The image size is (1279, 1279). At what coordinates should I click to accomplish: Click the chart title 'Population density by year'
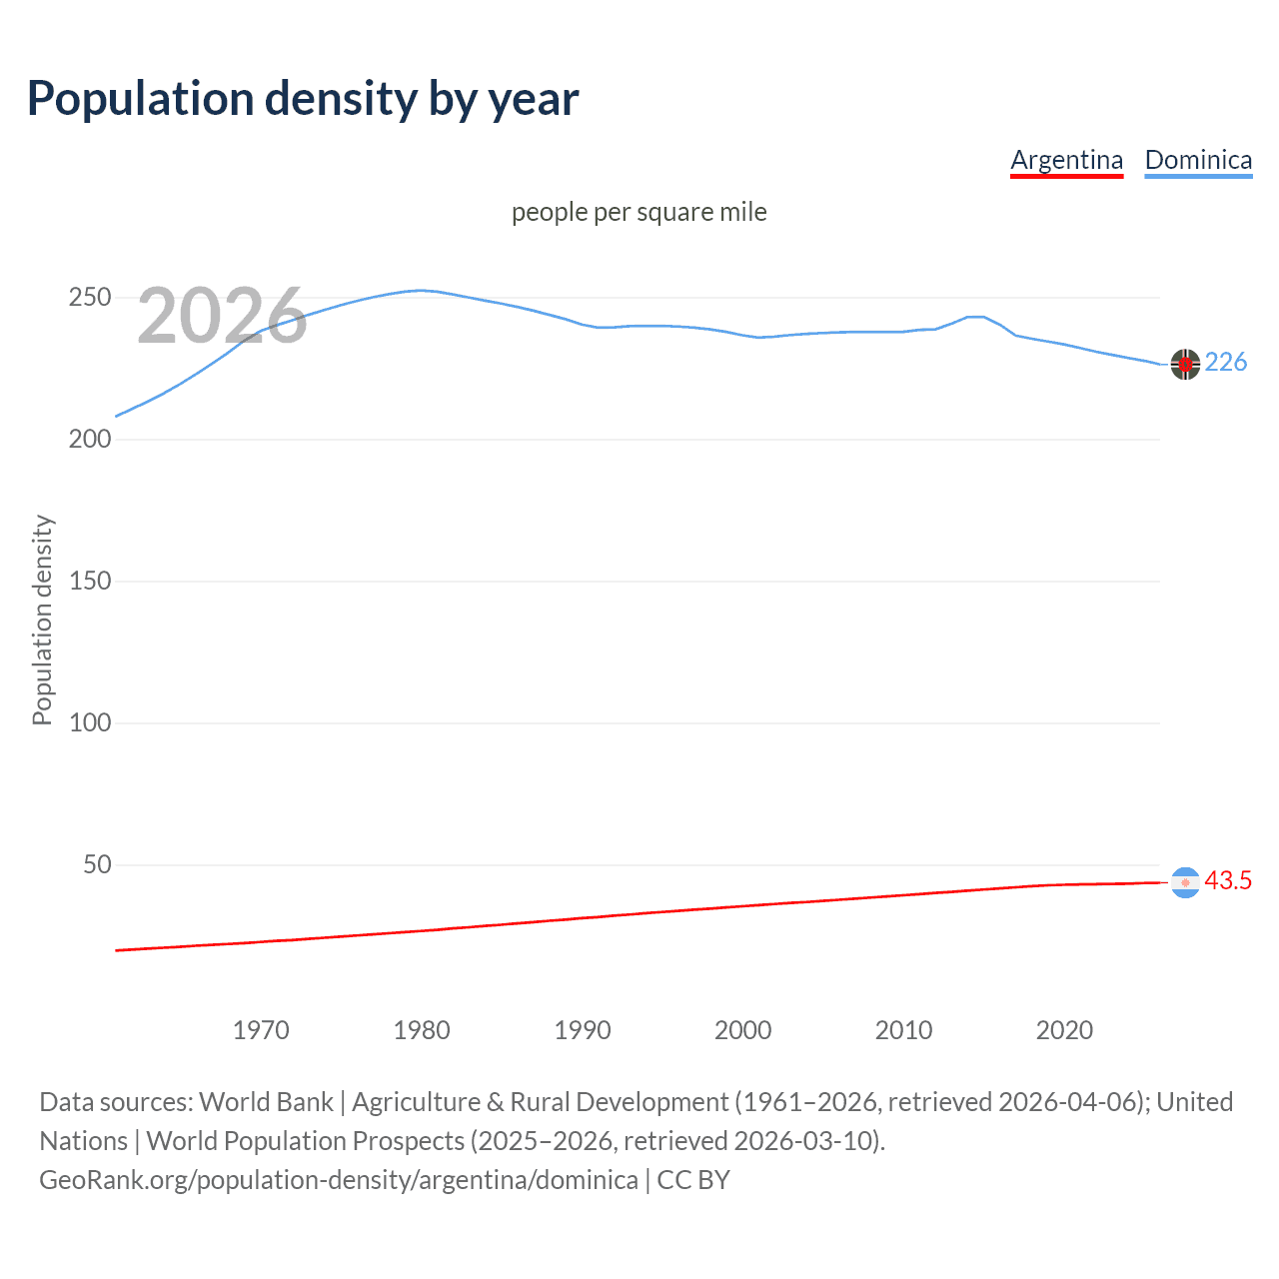point(303,99)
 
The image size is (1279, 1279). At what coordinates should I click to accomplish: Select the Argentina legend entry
point(1066,160)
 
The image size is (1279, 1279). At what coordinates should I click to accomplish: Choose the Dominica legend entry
point(1198,160)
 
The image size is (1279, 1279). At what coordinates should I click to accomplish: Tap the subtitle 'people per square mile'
point(639,213)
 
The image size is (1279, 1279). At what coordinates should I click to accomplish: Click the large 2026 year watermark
point(222,316)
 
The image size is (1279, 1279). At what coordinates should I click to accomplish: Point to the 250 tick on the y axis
point(90,298)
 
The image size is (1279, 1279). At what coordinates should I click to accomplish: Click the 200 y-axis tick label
point(90,440)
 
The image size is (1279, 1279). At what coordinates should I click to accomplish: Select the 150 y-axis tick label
point(90,582)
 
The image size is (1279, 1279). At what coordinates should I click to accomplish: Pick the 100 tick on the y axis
point(90,723)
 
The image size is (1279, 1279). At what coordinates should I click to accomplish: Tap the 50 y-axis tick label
point(97,865)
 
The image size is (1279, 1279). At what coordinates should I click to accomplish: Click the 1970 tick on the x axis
point(261,1030)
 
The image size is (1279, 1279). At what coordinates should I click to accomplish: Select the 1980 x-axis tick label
point(422,1030)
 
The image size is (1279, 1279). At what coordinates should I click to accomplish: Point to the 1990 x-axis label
point(583,1030)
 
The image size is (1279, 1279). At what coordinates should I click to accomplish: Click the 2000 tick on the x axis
point(742,1030)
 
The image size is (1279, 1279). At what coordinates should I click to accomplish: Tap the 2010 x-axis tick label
point(903,1030)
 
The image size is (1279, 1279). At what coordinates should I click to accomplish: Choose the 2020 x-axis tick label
point(1064,1030)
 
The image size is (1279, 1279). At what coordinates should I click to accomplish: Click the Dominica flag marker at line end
point(1185,365)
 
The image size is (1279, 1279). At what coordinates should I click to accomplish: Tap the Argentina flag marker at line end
point(1185,882)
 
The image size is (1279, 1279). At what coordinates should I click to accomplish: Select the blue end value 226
point(1226,363)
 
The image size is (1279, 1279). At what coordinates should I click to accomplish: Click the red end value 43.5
point(1228,880)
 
